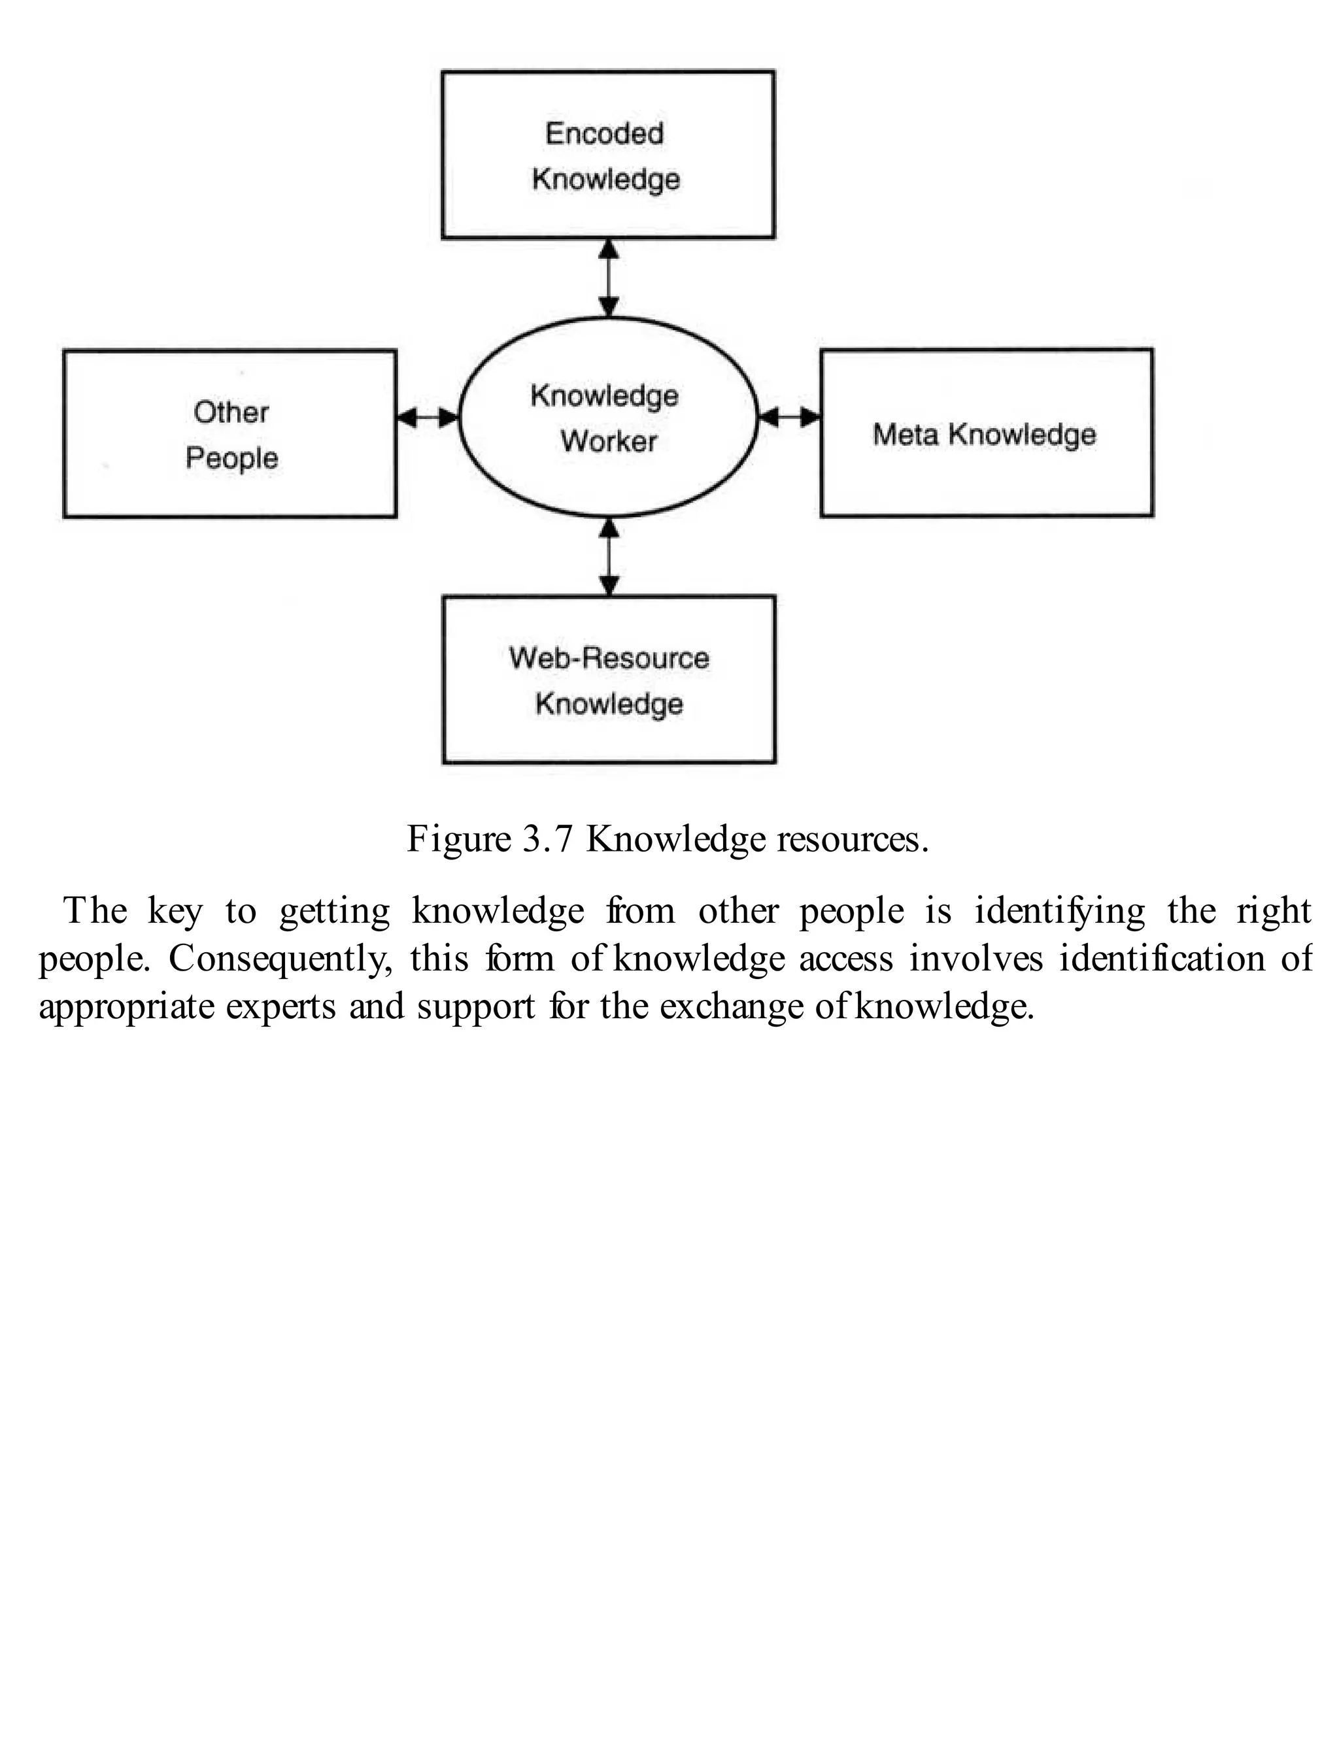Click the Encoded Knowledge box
pyautogui.click(x=608, y=154)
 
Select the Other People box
pyautogui.click(x=229, y=434)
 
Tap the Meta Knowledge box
pyautogui.click(x=987, y=433)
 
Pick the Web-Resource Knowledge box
pyautogui.click(x=609, y=680)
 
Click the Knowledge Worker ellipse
pyautogui.click(x=608, y=418)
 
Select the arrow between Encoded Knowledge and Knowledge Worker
pyautogui.click(x=609, y=278)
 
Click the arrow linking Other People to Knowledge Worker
pyautogui.click(x=427, y=416)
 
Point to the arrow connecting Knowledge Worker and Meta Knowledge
pyautogui.click(x=789, y=416)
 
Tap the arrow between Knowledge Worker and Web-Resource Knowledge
pyautogui.click(x=609, y=556)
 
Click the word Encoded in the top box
pyautogui.click(x=604, y=133)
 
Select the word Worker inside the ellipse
pyautogui.click(x=608, y=441)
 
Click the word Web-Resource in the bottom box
pyautogui.click(x=609, y=658)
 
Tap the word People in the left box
pyautogui.click(x=231, y=458)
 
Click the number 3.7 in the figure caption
pyautogui.click(x=547, y=838)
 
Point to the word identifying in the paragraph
pyautogui.click(x=1060, y=910)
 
